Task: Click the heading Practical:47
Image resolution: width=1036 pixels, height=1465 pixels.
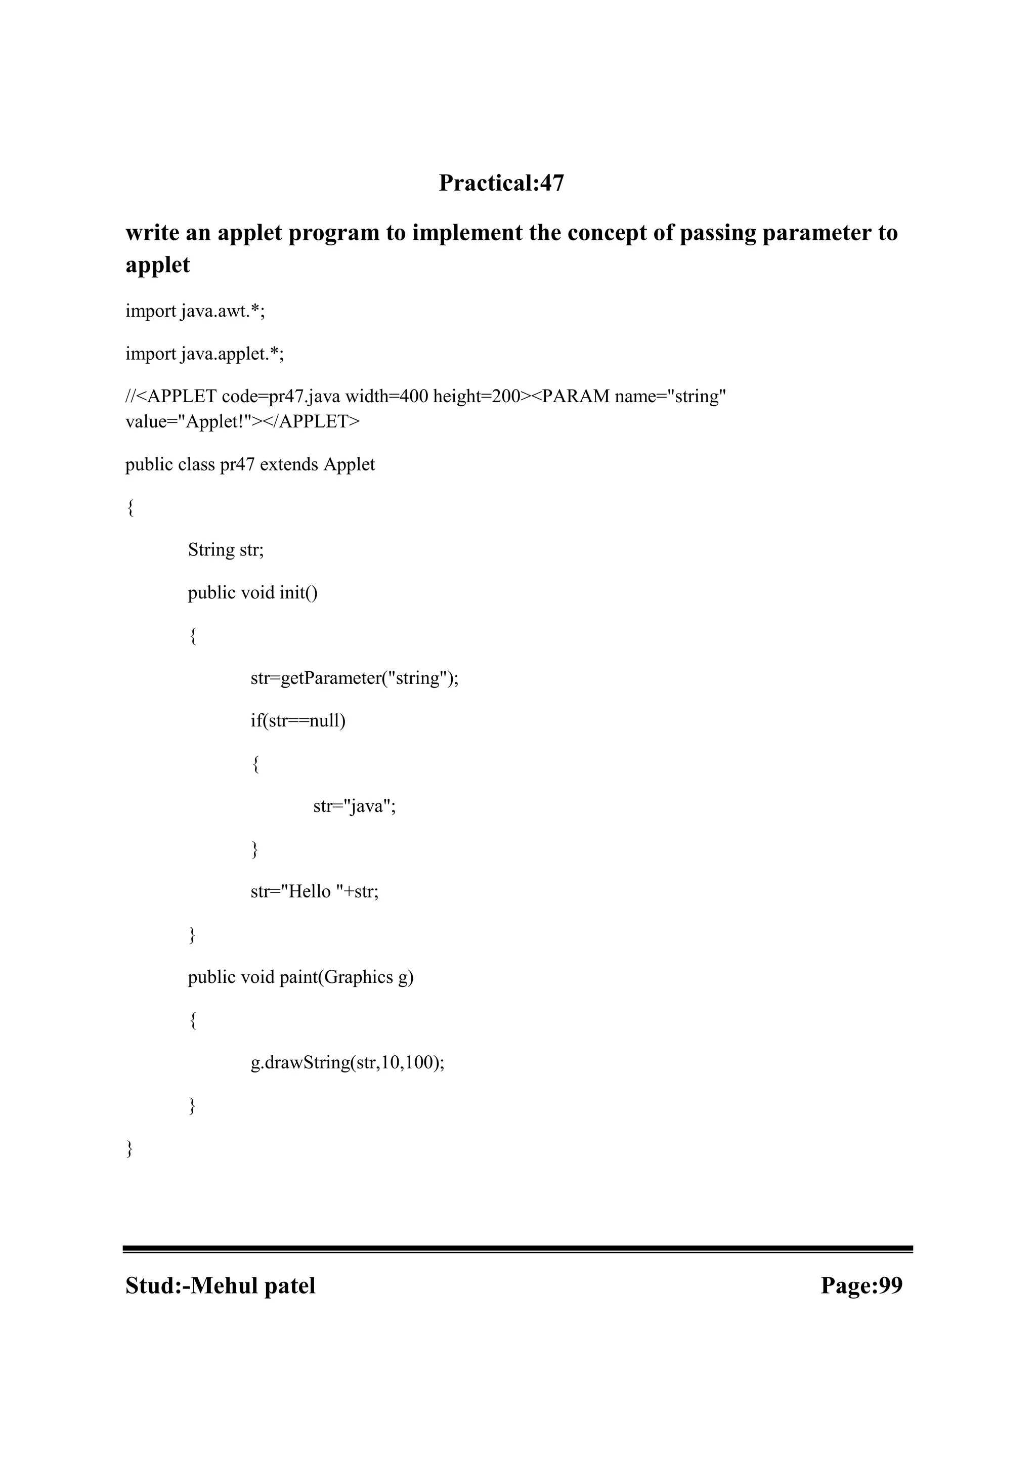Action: (501, 184)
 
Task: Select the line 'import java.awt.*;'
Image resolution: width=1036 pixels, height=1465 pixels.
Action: (195, 312)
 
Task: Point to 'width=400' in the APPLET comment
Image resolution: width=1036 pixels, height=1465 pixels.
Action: (386, 397)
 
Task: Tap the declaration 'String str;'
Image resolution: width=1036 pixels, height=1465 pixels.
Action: (225, 550)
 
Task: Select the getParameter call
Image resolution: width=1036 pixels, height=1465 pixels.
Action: (354, 678)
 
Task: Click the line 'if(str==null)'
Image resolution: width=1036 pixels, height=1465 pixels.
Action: (297, 721)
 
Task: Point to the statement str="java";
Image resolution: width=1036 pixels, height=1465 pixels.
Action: (354, 806)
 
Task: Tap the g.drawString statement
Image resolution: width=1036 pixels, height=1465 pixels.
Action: (347, 1063)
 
